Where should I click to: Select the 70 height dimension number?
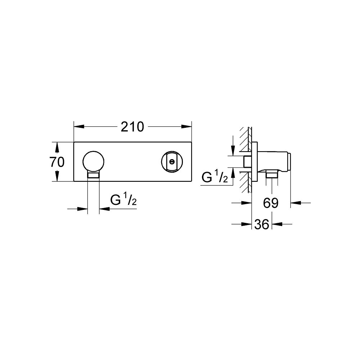point(57,162)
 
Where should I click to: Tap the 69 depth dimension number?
point(271,203)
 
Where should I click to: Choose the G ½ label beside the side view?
point(215,177)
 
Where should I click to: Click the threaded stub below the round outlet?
point(94,175)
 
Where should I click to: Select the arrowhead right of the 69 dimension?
point(295,203)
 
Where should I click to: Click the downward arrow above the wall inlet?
point(233,150)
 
